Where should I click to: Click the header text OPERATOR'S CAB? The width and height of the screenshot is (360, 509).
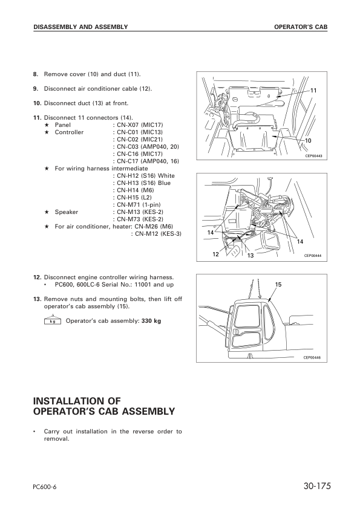point(300,27)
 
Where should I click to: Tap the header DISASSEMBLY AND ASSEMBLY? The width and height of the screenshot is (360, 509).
point(80,27)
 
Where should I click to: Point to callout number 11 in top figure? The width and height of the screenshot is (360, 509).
point(313,90)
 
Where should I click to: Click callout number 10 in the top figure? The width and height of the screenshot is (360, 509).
point(308,140)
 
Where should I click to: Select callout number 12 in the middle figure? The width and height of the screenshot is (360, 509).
point(215,254)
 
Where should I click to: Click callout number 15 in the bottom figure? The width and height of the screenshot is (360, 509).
point(278,284)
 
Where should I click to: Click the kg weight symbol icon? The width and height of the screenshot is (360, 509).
point(53,321)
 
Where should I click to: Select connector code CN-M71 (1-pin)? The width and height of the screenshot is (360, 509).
point(139,205)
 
